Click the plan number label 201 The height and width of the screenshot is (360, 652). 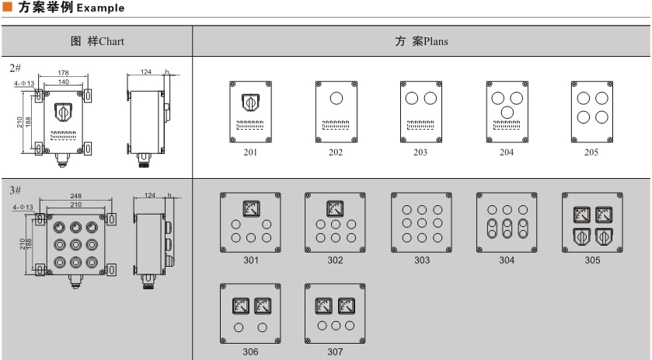click(x=250, y=152)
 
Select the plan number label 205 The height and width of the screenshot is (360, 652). click(x=591, y=152)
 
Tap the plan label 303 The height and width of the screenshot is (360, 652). click(x=421, y=260)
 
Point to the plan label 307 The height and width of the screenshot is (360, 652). click(x=335, y=351)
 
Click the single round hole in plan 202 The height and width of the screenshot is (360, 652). click(x=336, y=99)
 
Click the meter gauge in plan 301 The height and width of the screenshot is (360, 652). click(x=251, y=208)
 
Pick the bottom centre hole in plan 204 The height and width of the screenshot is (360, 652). click(x=507, y=113)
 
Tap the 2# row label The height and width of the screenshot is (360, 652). click(x=15, y=68)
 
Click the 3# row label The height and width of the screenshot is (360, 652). click(x=15, y=189)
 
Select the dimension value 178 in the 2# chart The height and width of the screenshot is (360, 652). click(x=63, y=73)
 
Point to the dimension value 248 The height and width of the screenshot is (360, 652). click(x=75, y=196)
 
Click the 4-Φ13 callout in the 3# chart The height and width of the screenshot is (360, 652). click(x=23, y=208)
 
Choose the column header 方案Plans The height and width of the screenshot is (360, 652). click(x=421, y=41)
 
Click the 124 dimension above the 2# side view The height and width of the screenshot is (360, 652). click(x=146, y=72)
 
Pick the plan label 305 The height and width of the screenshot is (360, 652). click(x=592, y=260)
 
